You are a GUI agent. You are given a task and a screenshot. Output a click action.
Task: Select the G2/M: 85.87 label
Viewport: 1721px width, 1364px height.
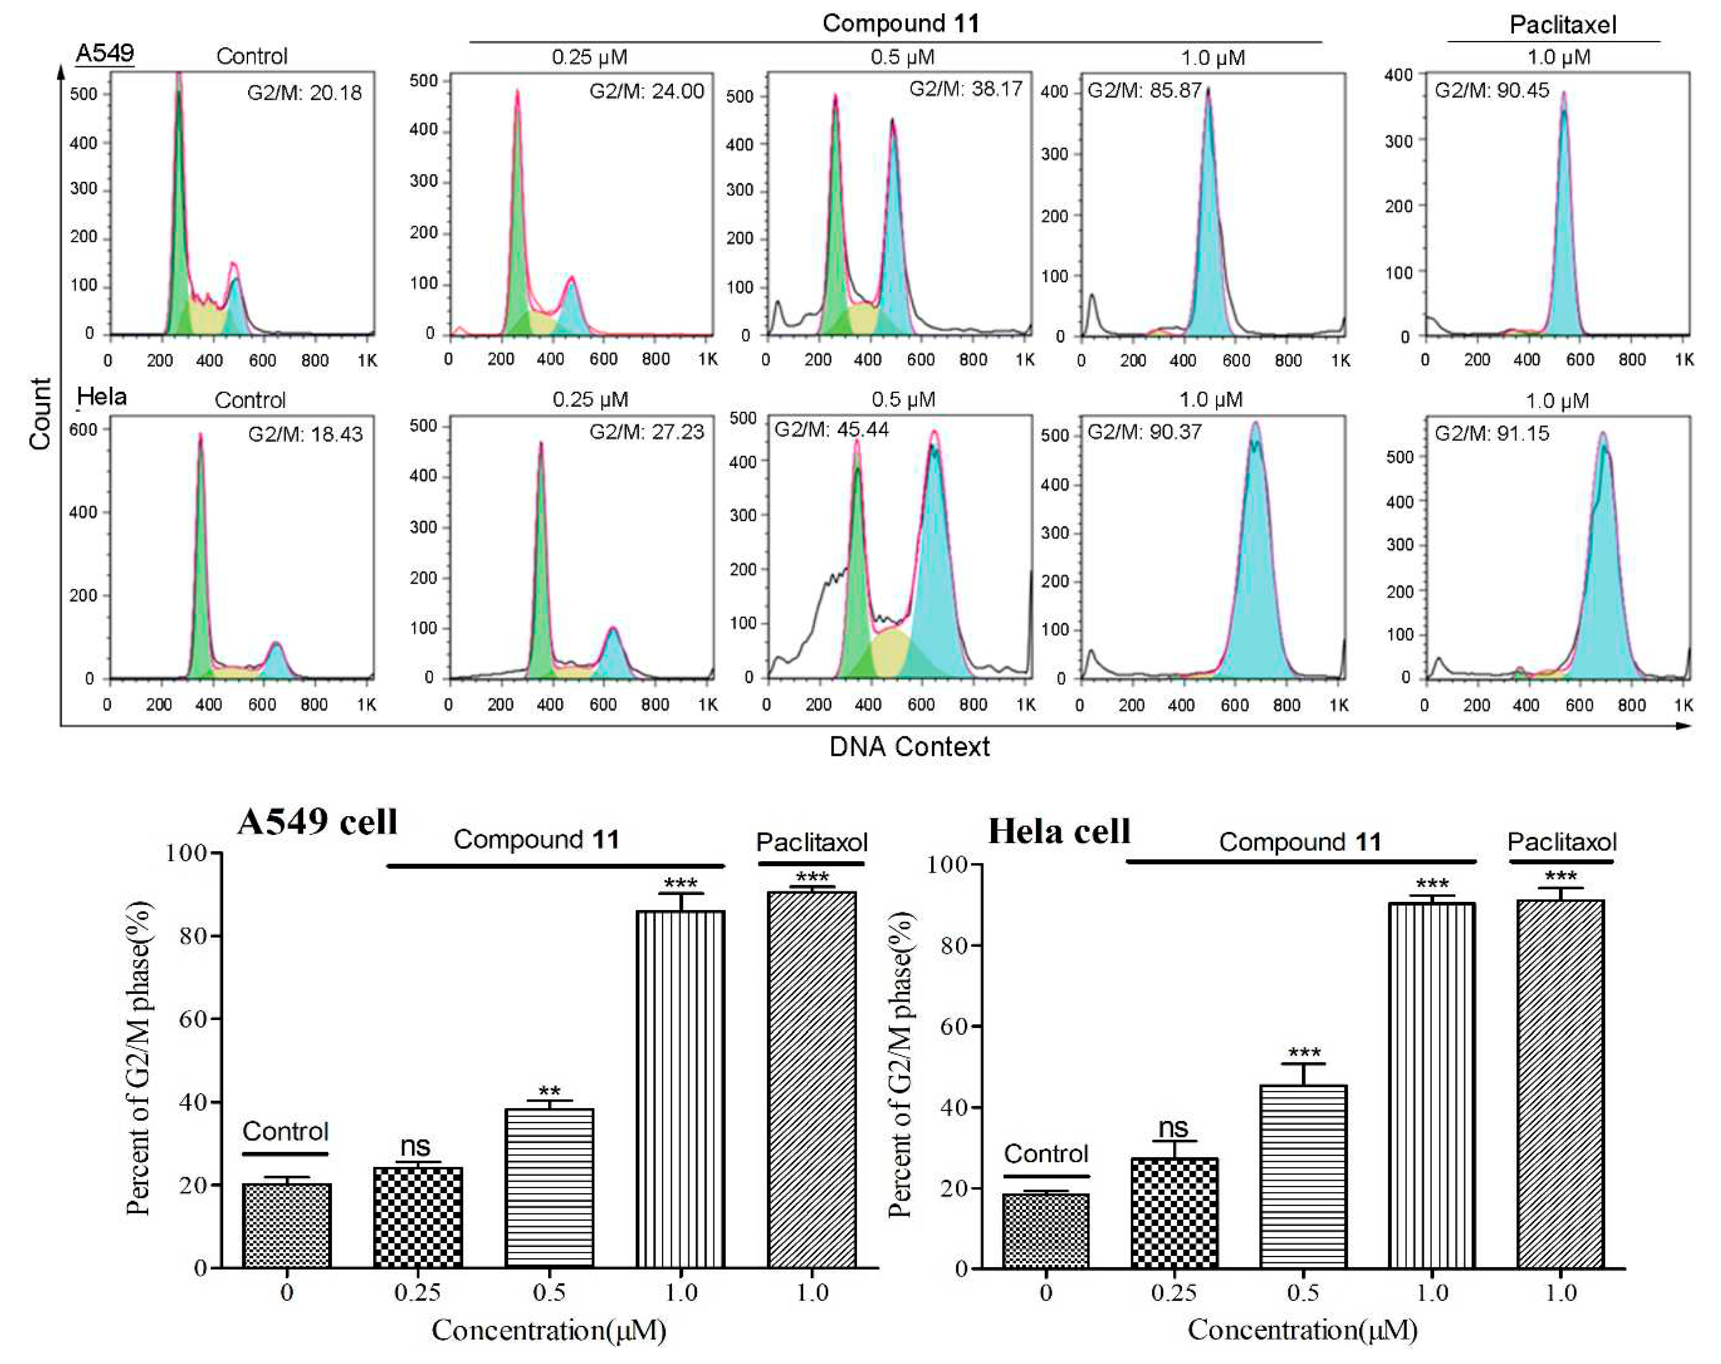point(1144,90)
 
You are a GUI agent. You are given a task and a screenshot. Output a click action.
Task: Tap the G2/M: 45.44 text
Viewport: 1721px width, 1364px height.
point(831,430)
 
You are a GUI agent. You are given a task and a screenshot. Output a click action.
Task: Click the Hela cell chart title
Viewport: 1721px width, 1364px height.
point(1059,832)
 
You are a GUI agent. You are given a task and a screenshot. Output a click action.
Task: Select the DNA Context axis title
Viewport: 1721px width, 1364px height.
point(909,747)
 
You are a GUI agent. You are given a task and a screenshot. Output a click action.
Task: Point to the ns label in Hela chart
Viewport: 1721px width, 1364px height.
point(1173,1128)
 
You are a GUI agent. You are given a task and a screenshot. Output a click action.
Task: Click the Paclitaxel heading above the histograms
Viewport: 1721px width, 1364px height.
point(1562,25)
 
